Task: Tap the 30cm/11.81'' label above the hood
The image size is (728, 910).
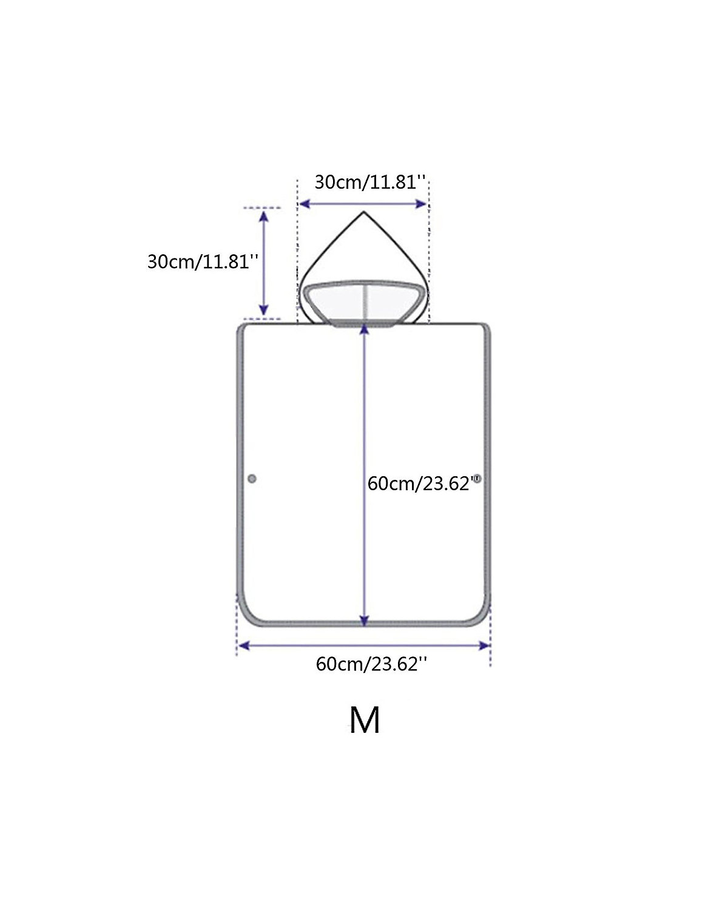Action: coord(370,182)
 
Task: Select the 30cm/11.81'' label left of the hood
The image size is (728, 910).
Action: coord(203,261)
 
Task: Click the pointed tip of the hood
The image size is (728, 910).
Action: coord(363,212)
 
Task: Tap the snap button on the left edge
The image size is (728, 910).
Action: coord(252,479)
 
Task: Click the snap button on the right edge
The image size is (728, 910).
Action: coord(477,479)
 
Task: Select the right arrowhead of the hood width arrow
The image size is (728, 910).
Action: coord(421,204)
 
